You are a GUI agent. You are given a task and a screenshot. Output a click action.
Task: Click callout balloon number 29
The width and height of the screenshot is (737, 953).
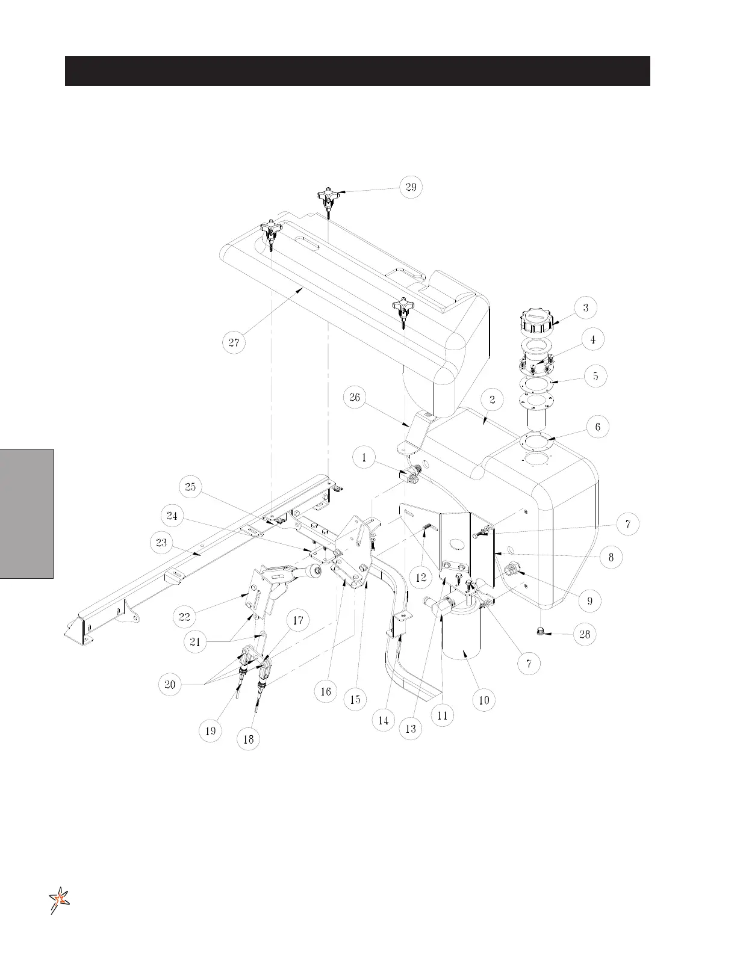coord(411,187)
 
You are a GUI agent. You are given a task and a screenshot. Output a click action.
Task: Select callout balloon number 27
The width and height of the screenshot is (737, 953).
coord(234,342)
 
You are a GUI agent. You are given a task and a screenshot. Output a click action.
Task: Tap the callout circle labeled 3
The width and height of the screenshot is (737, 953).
coord(585,307)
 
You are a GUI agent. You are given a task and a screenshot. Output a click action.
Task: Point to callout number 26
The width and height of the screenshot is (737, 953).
coord(355,397)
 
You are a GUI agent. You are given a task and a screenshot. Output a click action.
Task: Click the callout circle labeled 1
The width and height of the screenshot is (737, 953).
coord(364,457)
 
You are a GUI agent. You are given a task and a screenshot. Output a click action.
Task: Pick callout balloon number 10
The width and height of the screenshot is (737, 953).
coord(484,700)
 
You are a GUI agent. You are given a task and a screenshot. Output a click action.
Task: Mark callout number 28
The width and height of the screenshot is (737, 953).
coord(585,634)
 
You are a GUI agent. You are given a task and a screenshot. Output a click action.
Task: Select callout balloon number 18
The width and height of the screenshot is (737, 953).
coord(248,739)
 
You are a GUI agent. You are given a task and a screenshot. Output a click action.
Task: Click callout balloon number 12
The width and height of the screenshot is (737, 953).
coord(421,578)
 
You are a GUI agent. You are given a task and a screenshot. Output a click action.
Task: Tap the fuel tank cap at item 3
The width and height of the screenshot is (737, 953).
coord(535,325)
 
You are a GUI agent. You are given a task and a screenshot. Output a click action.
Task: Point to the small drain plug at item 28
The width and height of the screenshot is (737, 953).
coord(541,631)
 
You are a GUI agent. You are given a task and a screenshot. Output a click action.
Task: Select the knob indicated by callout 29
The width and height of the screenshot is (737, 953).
coord(329,198)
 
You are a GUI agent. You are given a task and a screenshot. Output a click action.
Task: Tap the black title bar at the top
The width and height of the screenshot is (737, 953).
coord(357,71)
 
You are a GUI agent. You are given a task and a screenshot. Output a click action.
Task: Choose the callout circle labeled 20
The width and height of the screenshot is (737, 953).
coord(170,684)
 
